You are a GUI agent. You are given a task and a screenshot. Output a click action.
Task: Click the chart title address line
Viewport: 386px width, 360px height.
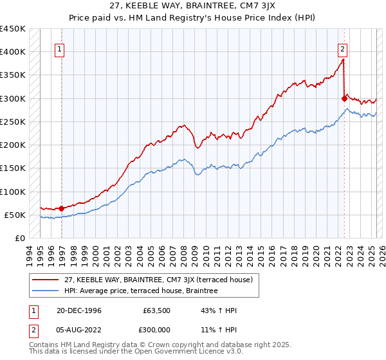(x=193, y=6)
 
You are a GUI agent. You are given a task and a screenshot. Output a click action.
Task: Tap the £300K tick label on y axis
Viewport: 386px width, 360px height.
(x=12, y=98)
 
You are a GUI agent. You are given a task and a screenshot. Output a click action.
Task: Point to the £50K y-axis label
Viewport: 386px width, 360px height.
(x=15, y=215)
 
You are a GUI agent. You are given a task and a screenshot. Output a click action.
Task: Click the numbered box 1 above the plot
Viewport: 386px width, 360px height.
(x=59, y=48)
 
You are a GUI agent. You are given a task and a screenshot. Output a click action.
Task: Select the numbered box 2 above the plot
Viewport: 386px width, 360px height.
(x=342, y=48)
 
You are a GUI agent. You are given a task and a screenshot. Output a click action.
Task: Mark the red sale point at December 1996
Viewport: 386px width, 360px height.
(x=62, y=208)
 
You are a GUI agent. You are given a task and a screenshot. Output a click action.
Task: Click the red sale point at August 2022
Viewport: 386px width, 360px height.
(x=344, y=98)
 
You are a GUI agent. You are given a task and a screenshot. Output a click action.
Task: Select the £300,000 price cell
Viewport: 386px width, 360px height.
(x=156, y=330)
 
